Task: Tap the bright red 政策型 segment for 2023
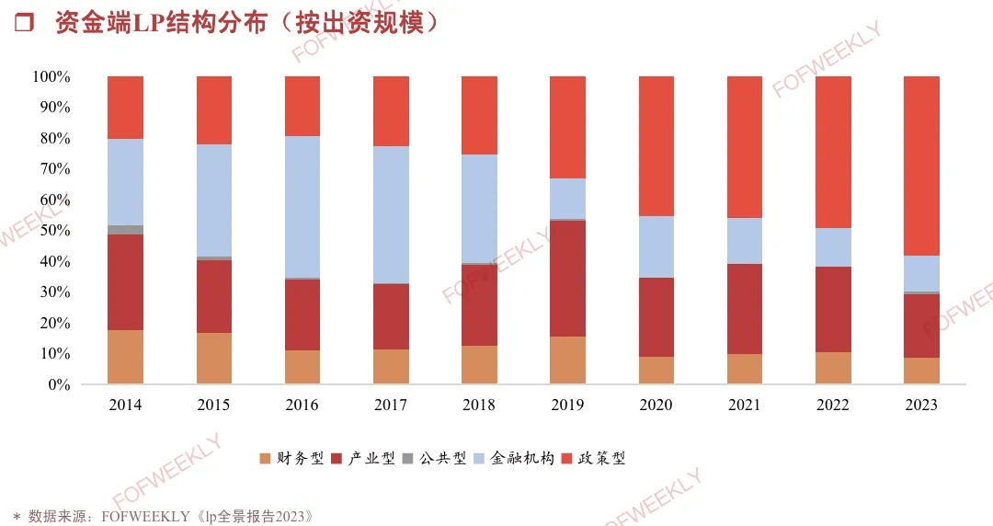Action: [921, 166]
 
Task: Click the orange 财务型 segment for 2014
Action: [125, 357]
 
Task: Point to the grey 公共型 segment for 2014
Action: [125, 230]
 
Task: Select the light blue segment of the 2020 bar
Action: [656, 246]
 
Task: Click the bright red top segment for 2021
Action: [745, 147]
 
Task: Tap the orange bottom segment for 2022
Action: [833, 368]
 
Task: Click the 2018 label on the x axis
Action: [479, 406]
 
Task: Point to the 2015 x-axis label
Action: [213, 406]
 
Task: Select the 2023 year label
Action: [921, 406]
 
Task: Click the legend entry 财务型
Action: [299, 458]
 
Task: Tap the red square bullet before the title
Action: [25, 23]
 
